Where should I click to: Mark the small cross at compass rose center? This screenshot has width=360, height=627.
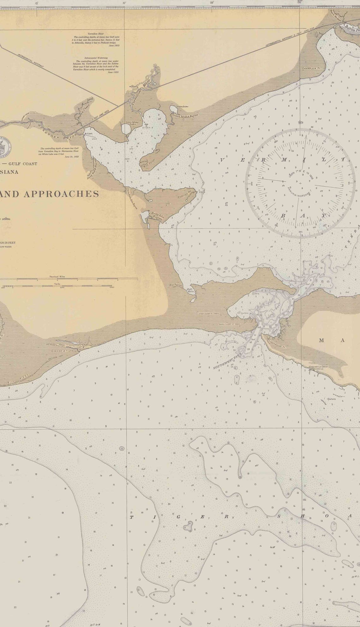[300, 183]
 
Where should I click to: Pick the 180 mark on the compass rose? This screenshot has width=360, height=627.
[300, 232]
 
